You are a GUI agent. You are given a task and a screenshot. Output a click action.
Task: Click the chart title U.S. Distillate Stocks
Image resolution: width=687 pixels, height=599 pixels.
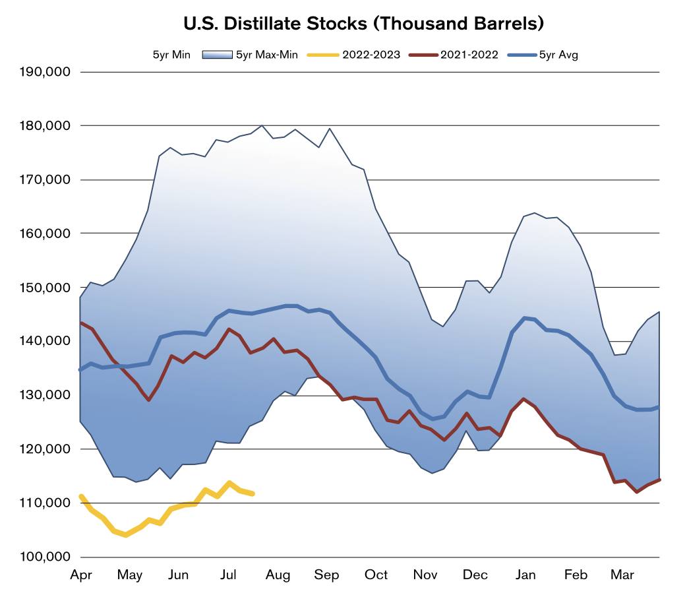(363, 24)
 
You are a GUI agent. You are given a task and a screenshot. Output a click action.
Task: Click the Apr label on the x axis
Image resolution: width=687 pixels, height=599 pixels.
(80, 575)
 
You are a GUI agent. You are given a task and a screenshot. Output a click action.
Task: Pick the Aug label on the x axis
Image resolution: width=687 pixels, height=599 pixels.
(278, 575)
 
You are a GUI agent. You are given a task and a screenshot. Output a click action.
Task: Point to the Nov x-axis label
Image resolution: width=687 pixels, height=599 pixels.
(426, 575)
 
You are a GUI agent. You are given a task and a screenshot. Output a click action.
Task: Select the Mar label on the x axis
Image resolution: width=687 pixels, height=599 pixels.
(622, 575)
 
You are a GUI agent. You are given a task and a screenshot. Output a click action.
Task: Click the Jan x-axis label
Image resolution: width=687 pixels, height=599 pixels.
(525, 575)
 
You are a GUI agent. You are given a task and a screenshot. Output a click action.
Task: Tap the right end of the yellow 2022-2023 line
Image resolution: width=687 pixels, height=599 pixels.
(253, 493)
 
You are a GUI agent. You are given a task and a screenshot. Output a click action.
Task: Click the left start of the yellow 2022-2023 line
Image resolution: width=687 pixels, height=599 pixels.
(80, 496)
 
